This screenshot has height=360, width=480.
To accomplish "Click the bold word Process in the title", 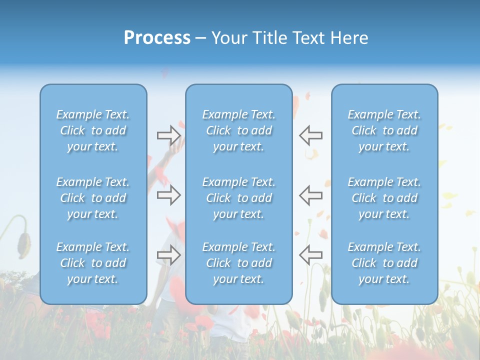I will pos(157,38).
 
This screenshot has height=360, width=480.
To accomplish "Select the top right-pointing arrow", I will pos(168,135).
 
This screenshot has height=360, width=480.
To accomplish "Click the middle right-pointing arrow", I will pos(168,195).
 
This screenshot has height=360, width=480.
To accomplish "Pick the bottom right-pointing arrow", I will pos(168,254).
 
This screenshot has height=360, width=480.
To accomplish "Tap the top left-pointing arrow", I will pos(311,135).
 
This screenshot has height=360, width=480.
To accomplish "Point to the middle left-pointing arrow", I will pos(311,195).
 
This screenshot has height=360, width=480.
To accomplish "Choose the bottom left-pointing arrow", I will pos(311,254).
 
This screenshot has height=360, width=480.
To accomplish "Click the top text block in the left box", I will pos(93,130).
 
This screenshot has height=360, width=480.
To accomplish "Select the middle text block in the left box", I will pos(93,198).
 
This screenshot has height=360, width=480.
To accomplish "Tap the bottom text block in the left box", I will pos(93,263).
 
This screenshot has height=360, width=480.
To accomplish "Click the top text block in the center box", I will pos(239,130).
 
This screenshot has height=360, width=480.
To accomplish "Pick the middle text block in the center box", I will pos(239,198).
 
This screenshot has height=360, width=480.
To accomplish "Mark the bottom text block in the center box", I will pos(239,263).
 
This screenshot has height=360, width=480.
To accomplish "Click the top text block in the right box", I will pos(384,130).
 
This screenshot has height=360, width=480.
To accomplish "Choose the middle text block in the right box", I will pos(384,198).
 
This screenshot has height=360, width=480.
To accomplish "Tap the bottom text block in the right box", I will pos(384,263).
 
